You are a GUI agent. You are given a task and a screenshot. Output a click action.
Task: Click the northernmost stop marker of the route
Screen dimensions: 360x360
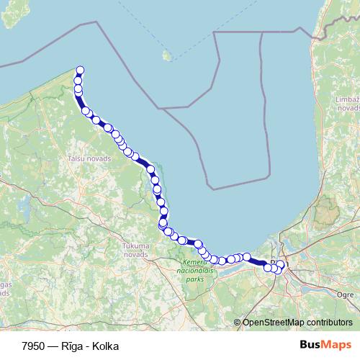[x=80, y=70]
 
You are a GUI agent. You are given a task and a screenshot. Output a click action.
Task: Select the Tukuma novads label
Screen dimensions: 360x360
[x=135, y=250]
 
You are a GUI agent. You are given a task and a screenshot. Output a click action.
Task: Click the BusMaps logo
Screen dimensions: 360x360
[x=325, y=345]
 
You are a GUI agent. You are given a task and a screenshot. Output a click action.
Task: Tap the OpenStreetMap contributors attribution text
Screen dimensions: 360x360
[x=297, y=322]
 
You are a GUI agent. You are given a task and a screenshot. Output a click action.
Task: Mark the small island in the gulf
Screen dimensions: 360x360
[x=167, y=55]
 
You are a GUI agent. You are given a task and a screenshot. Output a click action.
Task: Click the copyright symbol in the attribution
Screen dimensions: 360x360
[x=238, y=322]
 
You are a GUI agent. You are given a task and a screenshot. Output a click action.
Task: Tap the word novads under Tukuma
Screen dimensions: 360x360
[x=135, y=254]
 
